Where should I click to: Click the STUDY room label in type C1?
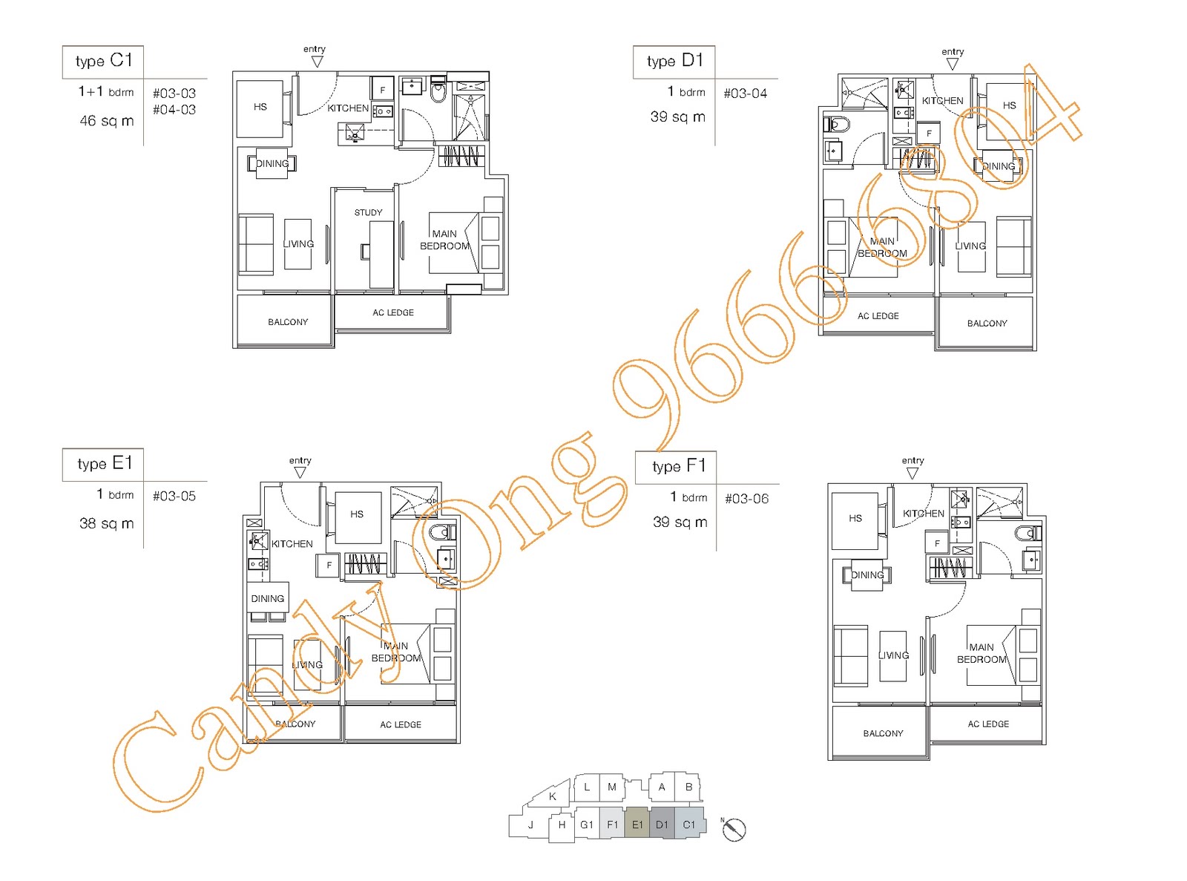368,212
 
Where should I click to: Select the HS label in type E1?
357,514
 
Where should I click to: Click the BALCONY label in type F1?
883,733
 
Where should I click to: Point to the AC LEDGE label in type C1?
393,312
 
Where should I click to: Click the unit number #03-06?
746,499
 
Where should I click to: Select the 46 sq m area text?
107,120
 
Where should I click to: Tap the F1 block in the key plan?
612,825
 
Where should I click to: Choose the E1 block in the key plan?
637,825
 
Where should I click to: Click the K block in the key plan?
551,796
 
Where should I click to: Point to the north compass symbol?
734,830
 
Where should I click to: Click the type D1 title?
674,61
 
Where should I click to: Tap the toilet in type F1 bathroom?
1027,534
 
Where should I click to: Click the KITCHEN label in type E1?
292,544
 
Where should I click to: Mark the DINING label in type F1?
867,575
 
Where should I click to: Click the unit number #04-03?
174,110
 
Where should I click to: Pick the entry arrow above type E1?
300,472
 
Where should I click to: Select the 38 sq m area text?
107,523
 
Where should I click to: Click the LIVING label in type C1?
298,244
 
